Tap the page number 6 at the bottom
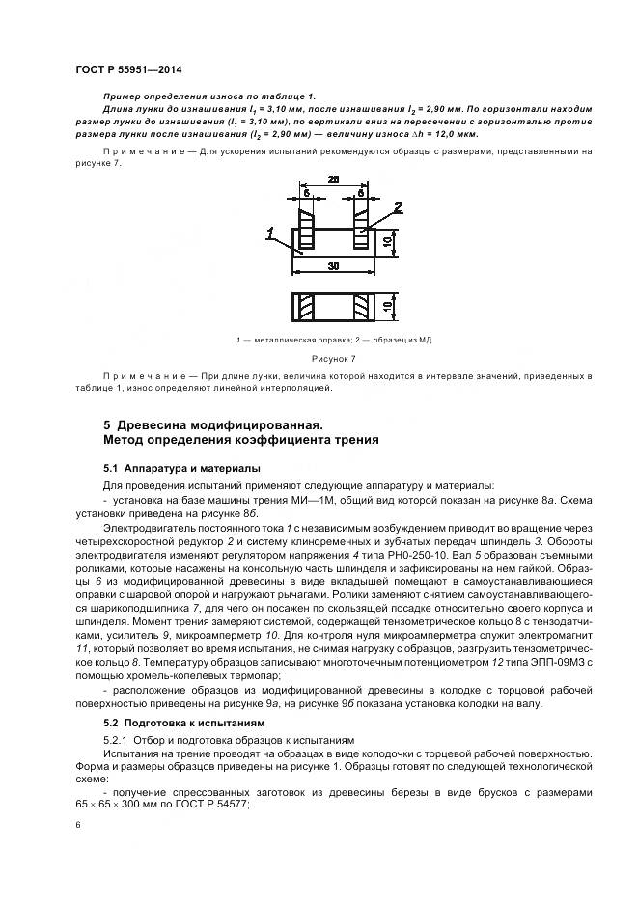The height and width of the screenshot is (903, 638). (78, 826)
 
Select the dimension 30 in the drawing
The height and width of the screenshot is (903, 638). (332, 265)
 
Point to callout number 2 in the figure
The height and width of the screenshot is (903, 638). (398, 206)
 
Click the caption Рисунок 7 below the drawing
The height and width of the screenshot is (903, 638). (332, 358)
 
